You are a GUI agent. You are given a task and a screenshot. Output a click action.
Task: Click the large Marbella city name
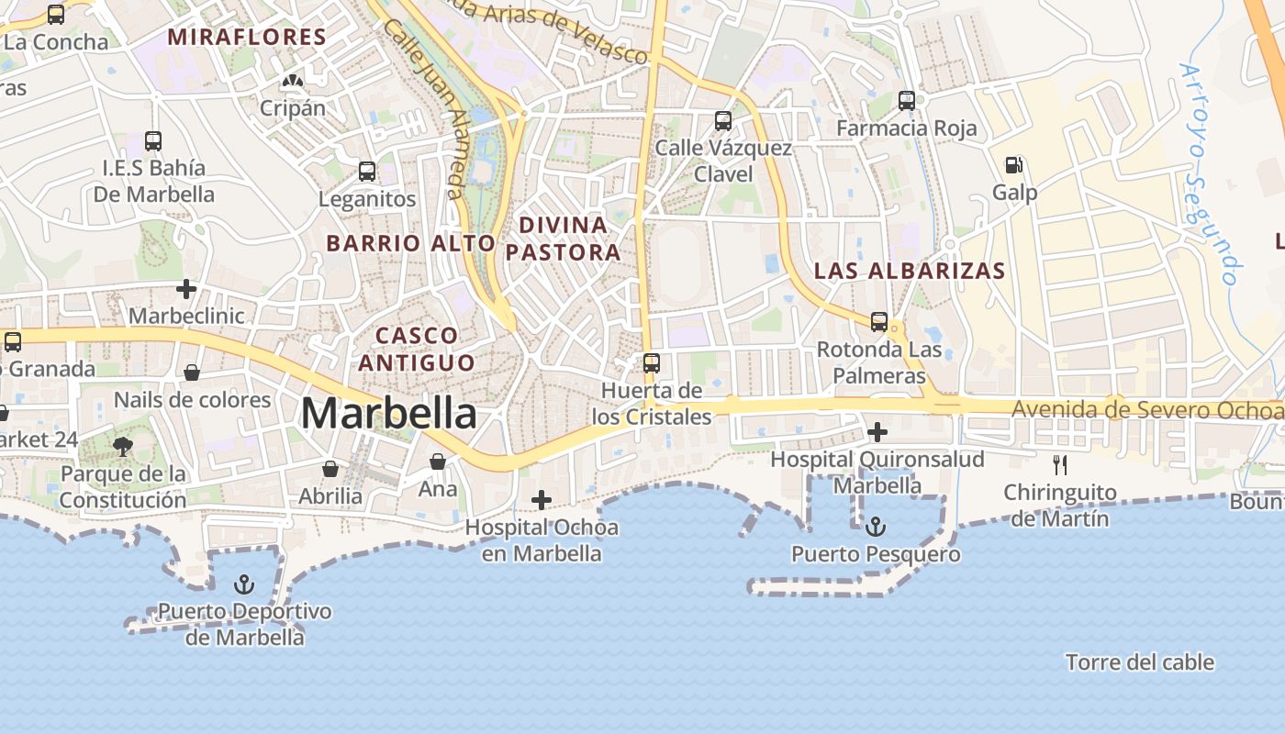[x=388, y=413]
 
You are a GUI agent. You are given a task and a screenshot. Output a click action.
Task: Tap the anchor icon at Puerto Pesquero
[x=876, y=527]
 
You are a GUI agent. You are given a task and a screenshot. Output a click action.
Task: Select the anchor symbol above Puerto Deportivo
[x=244, y=584]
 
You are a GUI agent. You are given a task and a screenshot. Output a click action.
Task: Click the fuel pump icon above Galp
[x=1013, y=165]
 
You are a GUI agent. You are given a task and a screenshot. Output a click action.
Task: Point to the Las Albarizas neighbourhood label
[x=910, y=271]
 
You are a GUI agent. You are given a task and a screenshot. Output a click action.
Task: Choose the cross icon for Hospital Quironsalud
[x=877, y=431]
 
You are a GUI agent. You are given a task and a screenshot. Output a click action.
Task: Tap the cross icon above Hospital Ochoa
[x=542, y=500]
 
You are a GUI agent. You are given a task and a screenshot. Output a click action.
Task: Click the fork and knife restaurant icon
[x=1060, y=465]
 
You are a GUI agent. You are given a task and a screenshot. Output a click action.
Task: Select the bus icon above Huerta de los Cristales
[x=651, y=362]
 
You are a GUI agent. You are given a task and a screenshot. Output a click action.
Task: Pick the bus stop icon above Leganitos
[x=367, y=171]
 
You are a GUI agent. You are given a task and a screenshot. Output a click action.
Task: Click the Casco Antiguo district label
[x=417, y=349]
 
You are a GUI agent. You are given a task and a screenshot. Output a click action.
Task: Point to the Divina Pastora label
[x=564, y=239]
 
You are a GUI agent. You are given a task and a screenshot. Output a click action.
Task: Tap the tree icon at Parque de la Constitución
[x=122, y=447]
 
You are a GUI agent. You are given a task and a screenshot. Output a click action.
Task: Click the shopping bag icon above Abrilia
[x=330, y=469]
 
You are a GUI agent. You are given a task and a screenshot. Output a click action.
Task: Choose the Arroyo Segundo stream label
[x=1209, y=173]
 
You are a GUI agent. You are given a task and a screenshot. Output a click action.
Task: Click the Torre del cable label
[x=1139, y=662]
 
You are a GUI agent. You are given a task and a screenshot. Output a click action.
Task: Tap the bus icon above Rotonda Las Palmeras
[x=879, y=322]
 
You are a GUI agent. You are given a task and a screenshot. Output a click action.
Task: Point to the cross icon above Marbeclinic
[x=186, y=289]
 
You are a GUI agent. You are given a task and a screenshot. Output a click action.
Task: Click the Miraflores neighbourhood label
[x=248, y=37]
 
